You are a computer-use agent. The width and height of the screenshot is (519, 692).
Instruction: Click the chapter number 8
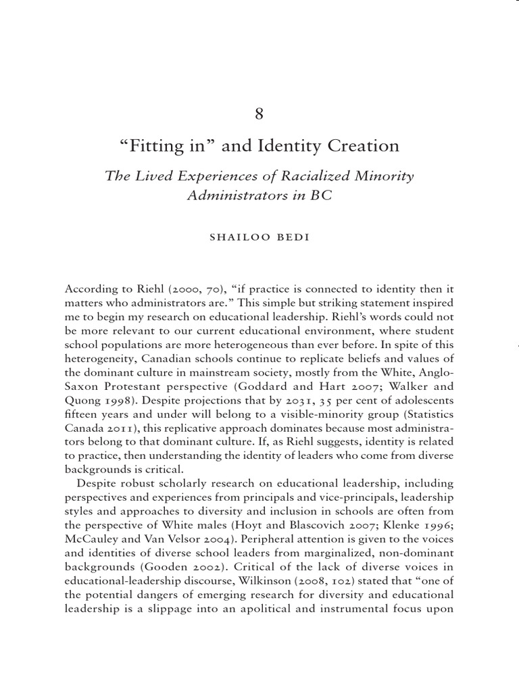coord(259,114)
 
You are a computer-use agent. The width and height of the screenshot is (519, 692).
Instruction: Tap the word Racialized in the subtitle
coord(312,177)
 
